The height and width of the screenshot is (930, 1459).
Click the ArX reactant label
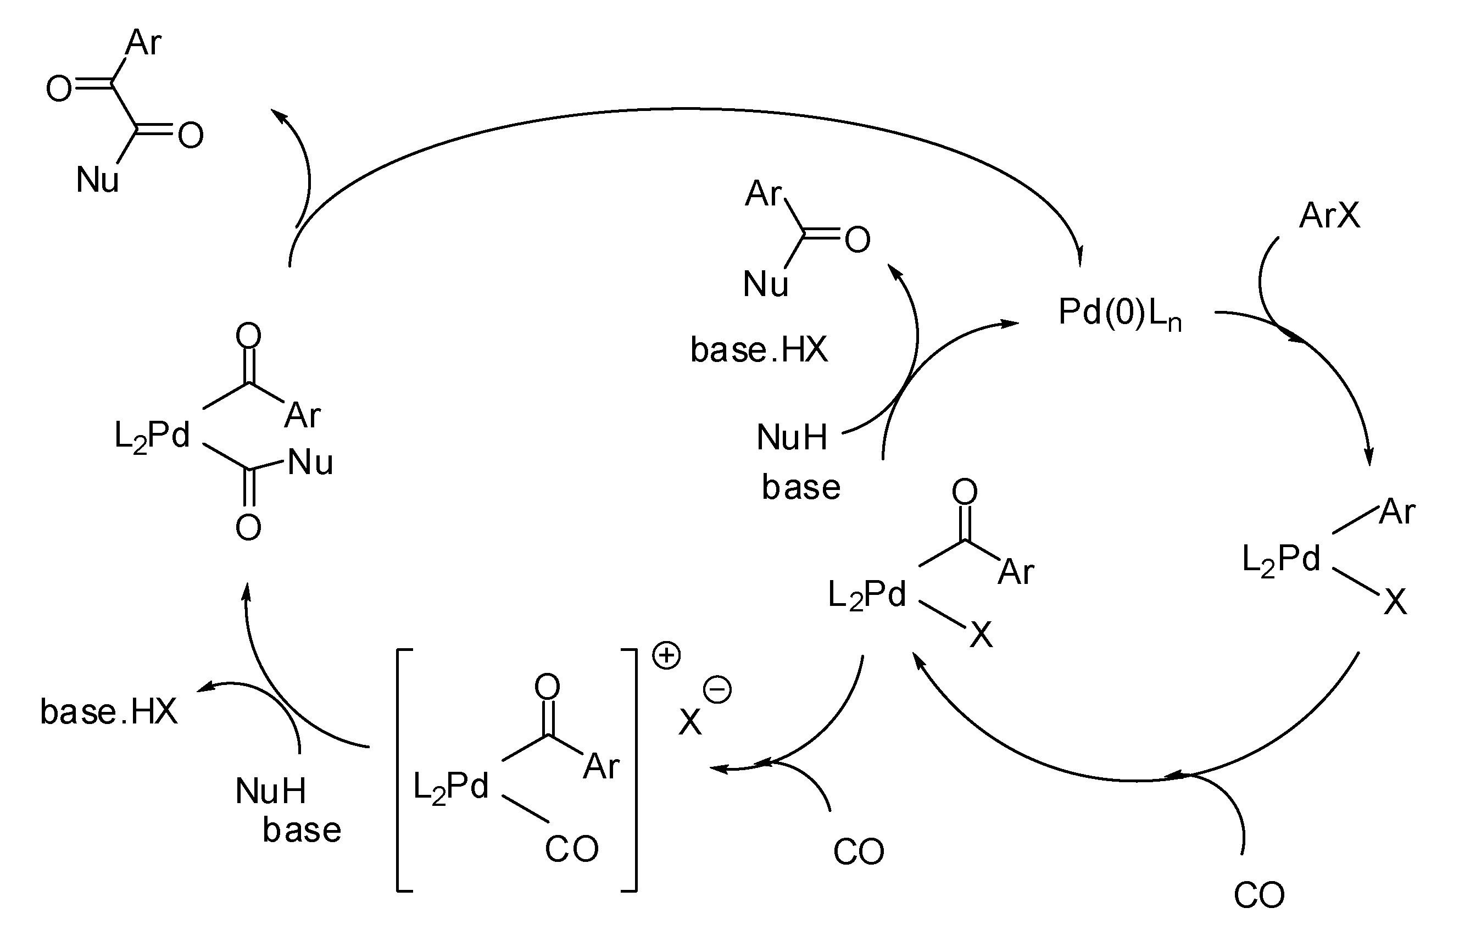tap(1329, 215)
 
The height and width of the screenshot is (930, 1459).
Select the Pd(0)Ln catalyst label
tap(1119, 314)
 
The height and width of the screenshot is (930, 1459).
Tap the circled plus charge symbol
tap(666, 656)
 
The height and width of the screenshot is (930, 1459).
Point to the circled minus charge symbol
tap(717, 690)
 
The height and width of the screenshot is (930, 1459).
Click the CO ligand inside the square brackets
tap(571, 849)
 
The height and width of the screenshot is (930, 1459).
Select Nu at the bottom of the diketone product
tap(97, 180)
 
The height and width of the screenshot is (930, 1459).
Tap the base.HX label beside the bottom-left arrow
tap(109, 711)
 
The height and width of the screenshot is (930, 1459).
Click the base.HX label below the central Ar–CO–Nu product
tap(759, 350)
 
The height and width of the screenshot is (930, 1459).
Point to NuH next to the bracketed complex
tap(270, 791)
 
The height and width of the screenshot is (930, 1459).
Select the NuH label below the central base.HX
tap(792, 437)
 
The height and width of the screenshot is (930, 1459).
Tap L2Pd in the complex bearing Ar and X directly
tap(1281, 559)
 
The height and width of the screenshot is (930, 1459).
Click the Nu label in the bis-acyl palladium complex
tap(310, 463)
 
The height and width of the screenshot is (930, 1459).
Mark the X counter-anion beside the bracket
tap(689, 722)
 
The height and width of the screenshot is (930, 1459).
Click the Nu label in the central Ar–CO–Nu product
tap(765, 283)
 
